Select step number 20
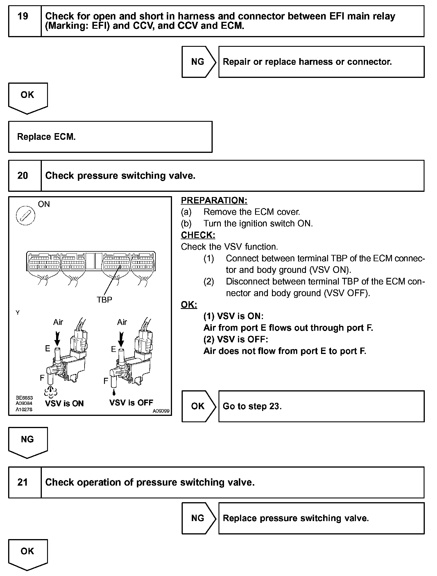point(23,176)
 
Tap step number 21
point(23,482)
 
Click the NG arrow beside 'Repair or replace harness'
point(198,62)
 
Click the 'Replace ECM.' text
point(46,137)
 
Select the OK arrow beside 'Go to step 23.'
point(198,406)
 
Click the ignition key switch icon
point(26,216)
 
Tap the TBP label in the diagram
point(104,300)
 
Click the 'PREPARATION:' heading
point(214,200)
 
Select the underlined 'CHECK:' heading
point(198,235)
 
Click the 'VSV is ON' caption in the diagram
point(64,403)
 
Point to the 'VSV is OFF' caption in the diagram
point(131,403)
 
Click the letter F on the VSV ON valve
point(42,378)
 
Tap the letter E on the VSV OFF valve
point(114,349)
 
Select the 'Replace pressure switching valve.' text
point(296,518)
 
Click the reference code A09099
point(161,411)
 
